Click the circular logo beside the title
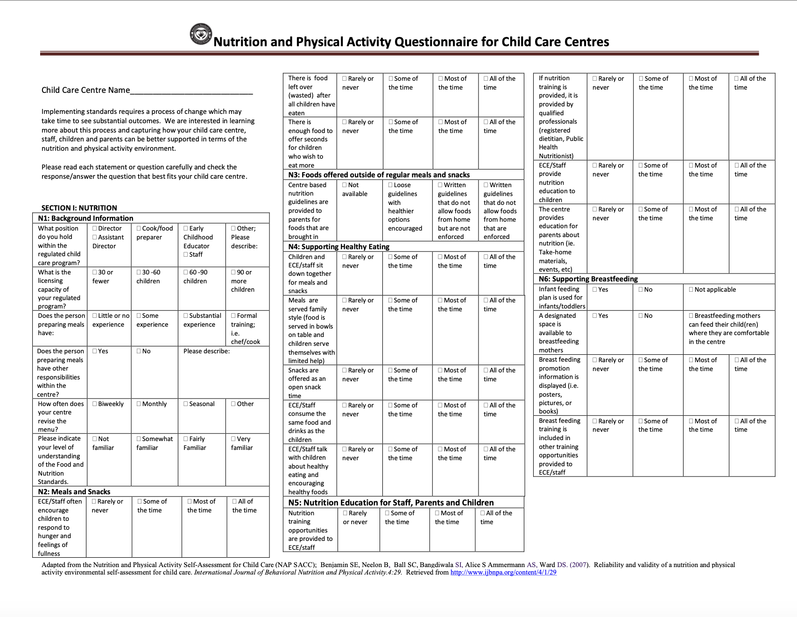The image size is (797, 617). pos(201,35)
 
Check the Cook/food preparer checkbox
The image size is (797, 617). pos(139,228)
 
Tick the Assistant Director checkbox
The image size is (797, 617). pos(95,237)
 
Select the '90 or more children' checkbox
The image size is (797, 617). pos(233,272)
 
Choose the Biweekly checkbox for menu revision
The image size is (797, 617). pos(95,404)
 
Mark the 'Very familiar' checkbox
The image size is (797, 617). pos(233,439)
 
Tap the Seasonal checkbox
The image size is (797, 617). pos(186,404)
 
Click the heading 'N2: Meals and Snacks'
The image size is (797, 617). pos(74,491)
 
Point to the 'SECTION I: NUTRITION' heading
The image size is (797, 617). pos(79,208)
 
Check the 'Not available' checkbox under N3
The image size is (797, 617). pos(345,185)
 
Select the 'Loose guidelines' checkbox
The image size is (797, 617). pos(390,185)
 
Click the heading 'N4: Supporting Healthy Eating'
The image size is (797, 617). pos(339,246)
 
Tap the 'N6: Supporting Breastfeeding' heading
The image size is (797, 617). pos(588,279)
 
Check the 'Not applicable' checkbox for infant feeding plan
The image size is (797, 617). pos(691,289)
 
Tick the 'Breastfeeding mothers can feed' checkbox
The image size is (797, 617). pos(691,316)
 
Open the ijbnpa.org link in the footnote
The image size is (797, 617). pos(503,572)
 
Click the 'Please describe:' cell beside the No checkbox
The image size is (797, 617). pos(206,351)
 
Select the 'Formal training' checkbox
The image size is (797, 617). pos(233,316)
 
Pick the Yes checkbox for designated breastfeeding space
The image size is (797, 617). pos(595,316)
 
